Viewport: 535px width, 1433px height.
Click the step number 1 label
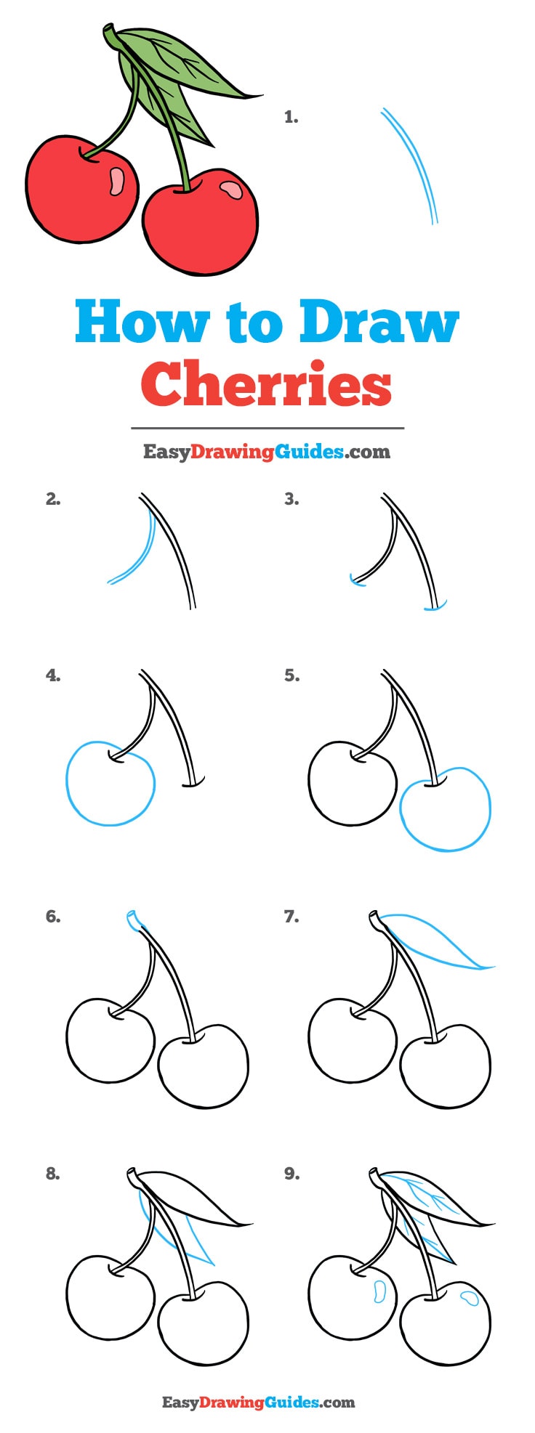coord(291,117)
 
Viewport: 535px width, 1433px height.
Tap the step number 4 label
coord(52,675)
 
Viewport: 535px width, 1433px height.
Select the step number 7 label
coord(291,917)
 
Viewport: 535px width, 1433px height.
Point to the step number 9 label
coord(291,1173)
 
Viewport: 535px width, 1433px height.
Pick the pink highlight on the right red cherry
coord(231,190)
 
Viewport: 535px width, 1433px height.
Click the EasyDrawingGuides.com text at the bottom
coord(258,1402)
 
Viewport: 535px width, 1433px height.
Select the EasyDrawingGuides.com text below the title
coord(266,452)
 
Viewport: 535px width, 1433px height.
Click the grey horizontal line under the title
coord(267,429)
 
